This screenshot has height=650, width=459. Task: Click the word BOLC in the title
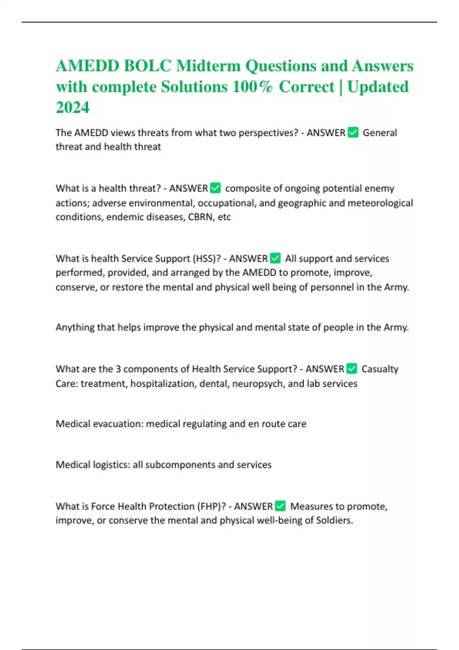coord(147,66)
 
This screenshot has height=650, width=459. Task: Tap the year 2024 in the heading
coord(73,107)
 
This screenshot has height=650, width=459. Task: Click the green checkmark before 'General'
coord(353,133)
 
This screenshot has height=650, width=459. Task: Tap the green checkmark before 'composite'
coord(215,188)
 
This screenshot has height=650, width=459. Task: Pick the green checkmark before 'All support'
coord(275,258)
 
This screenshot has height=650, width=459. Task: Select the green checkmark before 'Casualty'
coord(352,369)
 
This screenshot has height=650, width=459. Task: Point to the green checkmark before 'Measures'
coord(280,506)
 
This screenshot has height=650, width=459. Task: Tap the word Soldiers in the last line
coord(334,520)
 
